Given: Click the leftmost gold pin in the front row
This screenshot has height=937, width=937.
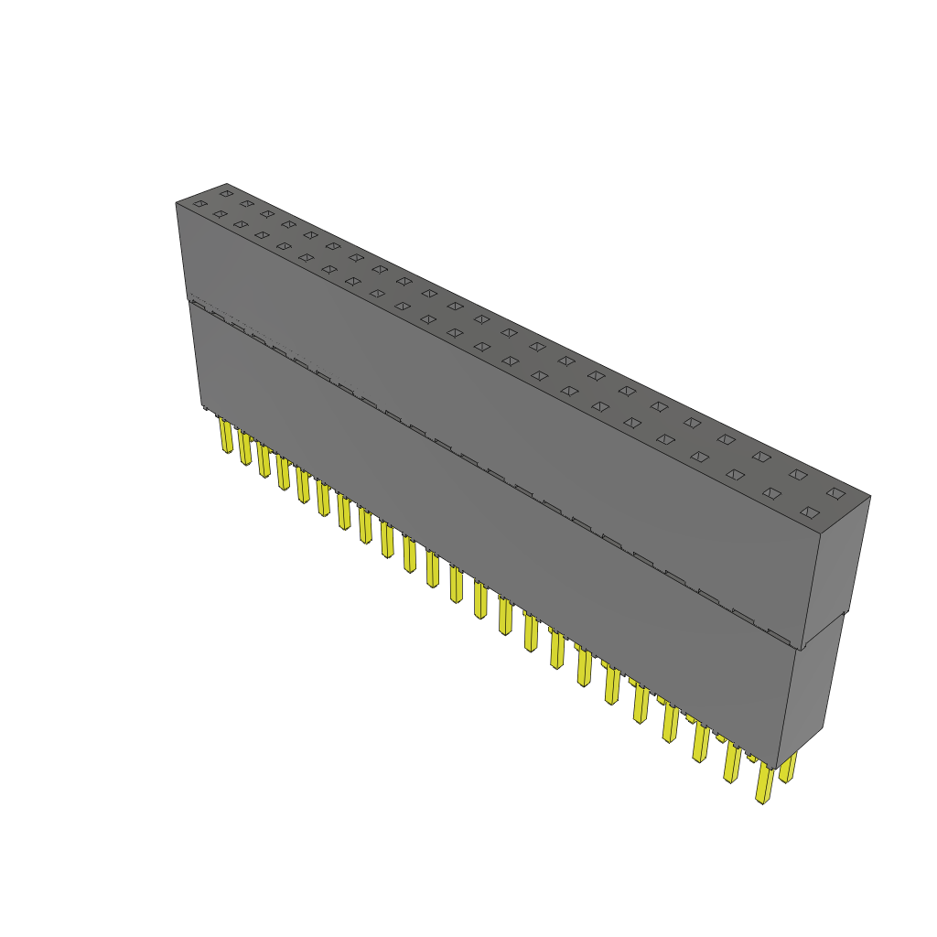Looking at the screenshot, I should (226, 436).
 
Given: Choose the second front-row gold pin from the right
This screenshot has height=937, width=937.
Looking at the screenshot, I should (732, 763).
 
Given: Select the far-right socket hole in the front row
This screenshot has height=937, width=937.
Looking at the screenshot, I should (808, 512).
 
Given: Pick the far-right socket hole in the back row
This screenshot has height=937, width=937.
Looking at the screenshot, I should (835, 492).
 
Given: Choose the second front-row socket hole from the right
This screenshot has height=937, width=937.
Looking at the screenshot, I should (771, 493).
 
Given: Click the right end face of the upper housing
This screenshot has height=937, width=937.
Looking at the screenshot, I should (835, 567).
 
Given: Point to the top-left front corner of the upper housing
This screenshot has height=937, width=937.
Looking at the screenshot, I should (177, 203).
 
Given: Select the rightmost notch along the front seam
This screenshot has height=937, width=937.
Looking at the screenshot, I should (778, 634).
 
